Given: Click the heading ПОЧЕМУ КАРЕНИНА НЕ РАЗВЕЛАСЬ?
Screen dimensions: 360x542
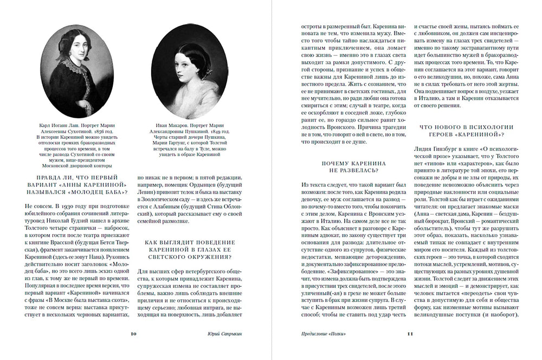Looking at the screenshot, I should pyautogui.click(x=353, y=166).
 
